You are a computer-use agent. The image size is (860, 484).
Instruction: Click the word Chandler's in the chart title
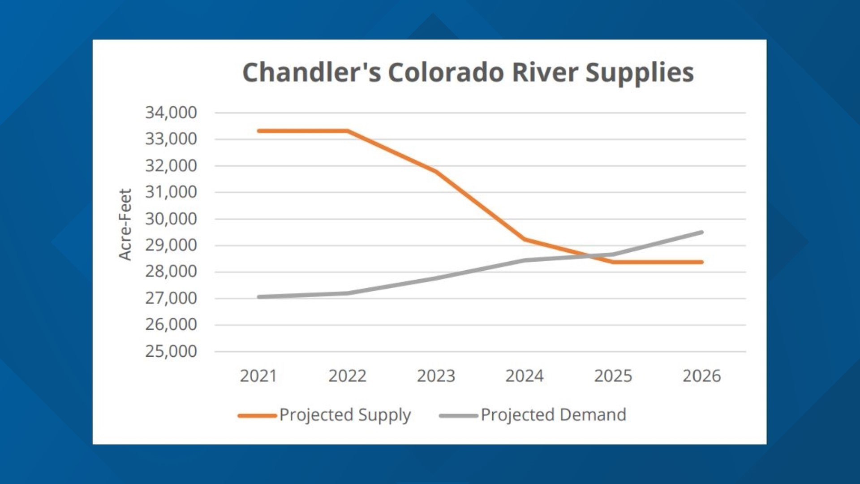click(311, 73)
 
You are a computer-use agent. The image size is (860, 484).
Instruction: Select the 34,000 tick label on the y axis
click(171, 112)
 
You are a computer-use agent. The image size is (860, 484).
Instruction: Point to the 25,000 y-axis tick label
click(171, 351)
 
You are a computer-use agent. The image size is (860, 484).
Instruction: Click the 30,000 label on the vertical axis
click(171, 219)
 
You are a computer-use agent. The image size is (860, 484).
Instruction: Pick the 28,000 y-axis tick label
click(171, 272)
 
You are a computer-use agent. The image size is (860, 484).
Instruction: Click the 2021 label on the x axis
click(258, 376)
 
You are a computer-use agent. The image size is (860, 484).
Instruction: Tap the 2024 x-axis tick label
click(525, 376)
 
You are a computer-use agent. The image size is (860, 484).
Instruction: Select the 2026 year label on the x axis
click(701, 376)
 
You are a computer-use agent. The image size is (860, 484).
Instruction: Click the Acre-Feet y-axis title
click(125, 224)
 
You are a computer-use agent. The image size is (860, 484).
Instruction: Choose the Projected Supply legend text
click(345, 415)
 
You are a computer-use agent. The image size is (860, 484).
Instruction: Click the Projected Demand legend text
click(553, 415)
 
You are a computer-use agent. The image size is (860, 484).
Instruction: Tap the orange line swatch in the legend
click(257, 416)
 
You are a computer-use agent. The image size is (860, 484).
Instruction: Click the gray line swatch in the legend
click(458, 416)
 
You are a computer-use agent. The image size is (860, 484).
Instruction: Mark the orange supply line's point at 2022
click(348, 131)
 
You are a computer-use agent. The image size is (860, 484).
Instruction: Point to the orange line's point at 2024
click(525, 239)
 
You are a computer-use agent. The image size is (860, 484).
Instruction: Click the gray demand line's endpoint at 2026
click(701, 232)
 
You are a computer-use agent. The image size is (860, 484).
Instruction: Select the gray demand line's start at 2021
click(259, 297)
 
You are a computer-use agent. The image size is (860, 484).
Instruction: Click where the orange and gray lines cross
click(592, 256)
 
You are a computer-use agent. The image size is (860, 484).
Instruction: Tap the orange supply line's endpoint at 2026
click(701, 262)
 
